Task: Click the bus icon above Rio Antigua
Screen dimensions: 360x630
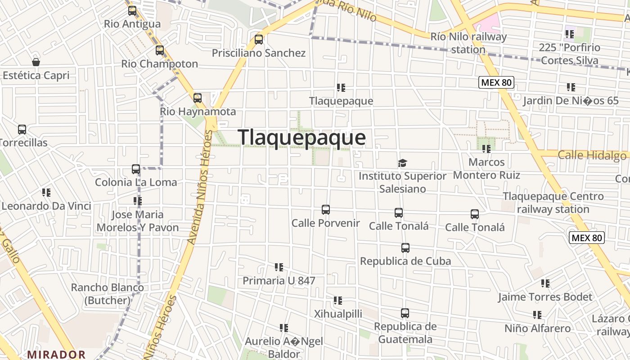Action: [132, 11]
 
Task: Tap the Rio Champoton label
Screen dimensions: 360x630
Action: [160, 63]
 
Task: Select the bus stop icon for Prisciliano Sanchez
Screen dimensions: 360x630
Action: [259, 40]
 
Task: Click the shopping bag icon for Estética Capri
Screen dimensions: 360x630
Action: [36, 62]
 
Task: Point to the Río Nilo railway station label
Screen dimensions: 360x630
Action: [468, 43]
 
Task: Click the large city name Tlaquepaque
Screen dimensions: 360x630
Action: [301, 137]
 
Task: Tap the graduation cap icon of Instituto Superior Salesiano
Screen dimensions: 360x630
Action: [402, 163]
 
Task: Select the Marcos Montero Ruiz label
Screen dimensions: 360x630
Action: [486, 168]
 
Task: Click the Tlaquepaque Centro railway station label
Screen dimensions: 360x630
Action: [553, 202]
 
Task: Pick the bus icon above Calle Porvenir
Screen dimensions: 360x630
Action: [326, 210]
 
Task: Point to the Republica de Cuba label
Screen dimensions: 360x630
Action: [405, 261]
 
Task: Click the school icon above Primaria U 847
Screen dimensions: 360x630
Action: [279, 267]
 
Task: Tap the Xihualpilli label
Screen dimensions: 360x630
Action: [338, 314]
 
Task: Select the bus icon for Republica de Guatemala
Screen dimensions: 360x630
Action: [405, 313]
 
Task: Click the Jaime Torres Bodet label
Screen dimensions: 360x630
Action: [545, 297]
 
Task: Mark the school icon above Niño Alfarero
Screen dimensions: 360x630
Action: [537, 315]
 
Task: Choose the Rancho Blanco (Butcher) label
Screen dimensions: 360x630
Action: [108, 293]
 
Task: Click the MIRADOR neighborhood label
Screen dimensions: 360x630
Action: [56, 355]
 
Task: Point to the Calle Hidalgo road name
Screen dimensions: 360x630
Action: [592, 156]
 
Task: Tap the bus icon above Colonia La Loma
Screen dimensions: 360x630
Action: [136, 169]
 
